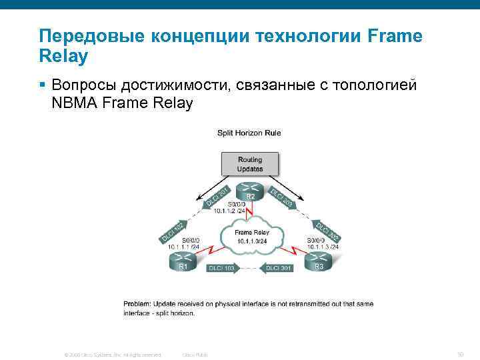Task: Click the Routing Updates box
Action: tap(249, 163)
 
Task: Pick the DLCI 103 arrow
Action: tap(221, 268)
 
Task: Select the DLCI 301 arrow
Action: tap(279, 268)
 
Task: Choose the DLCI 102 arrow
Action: tap(173, 230)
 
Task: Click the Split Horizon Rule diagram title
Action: tap(249, 133)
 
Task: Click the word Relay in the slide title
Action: tap(63, 57)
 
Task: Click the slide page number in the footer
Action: tap(461, 354)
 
